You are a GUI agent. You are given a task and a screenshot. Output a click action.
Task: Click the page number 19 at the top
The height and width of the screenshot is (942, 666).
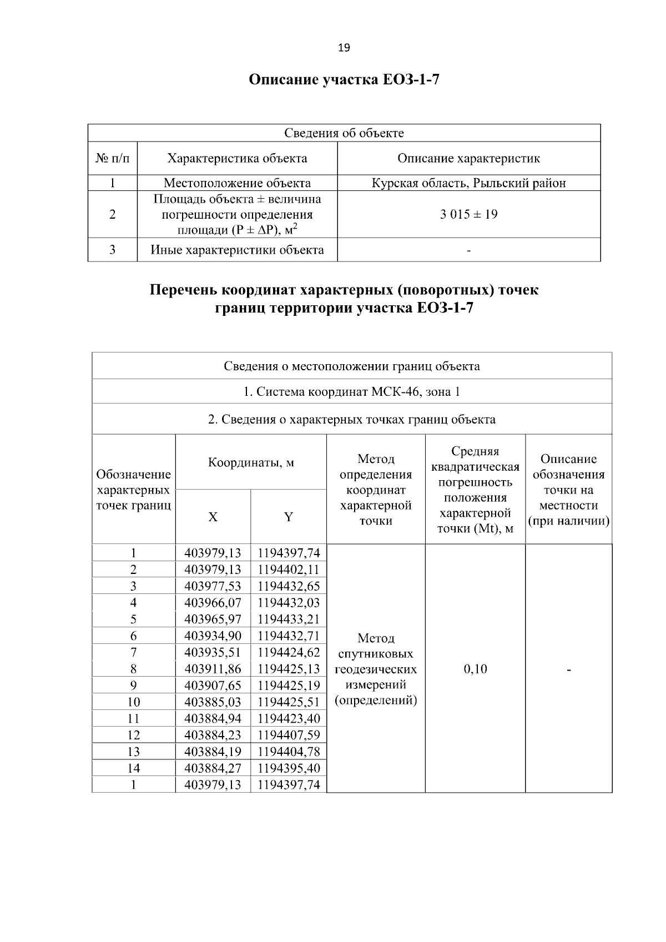tap(344, 48)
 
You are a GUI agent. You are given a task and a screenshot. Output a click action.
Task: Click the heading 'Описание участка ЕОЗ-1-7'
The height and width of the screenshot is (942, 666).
tap(344, 80)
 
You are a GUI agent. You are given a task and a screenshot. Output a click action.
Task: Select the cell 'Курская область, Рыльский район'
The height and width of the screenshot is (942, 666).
tap(468, 183)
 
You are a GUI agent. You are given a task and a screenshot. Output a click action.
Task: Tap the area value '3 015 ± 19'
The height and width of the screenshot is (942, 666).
tap(468, 214)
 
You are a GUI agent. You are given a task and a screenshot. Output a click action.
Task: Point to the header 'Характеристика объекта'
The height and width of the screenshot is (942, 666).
tap(237, 158)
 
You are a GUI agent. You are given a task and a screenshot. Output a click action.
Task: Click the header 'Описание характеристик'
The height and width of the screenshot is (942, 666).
tap(468, 158)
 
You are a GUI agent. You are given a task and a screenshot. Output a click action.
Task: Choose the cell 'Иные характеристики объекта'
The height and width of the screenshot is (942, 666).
tap(237, 250)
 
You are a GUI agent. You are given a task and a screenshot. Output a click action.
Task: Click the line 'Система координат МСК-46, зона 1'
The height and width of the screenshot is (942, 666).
tap(352, 392)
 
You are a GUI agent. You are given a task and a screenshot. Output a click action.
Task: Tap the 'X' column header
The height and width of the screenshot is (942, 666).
tap(213, 517)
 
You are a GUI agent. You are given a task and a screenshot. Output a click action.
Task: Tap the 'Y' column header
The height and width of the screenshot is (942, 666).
tap(289, 517)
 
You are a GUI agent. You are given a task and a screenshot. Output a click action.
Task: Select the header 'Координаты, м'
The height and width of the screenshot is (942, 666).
tap(251, 462)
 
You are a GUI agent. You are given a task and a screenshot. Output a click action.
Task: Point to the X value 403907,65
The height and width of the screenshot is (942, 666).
tap(213, 685)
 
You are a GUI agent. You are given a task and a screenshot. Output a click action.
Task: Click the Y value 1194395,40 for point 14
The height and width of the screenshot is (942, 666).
tap(289, 768)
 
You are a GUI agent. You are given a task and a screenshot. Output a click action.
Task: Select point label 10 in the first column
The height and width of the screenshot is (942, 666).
tap(133, 702)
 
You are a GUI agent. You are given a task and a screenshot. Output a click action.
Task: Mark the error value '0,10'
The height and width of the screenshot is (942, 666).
tap(475, 669)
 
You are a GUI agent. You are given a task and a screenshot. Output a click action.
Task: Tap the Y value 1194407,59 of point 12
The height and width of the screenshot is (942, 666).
tap(289, 735)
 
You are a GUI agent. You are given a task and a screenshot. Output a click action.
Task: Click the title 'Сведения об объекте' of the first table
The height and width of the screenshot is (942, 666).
tap(344, 133)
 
